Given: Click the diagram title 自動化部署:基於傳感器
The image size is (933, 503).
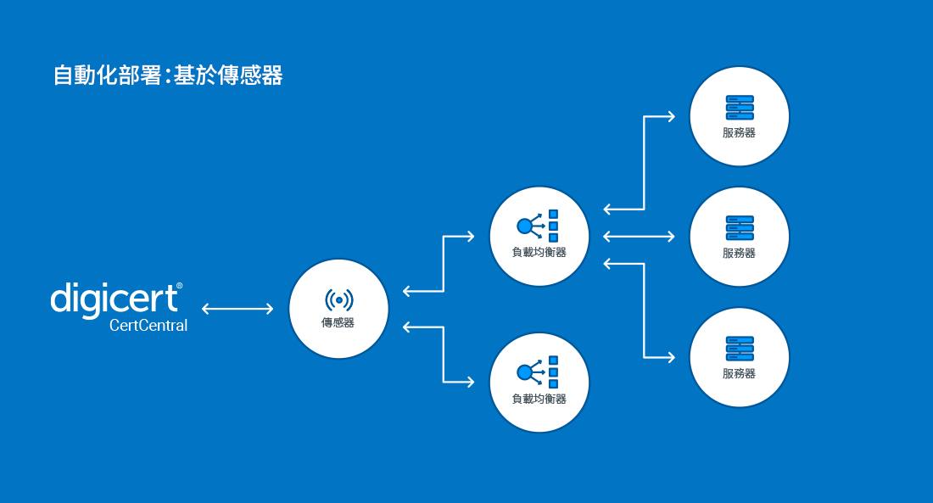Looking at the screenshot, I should point(167,75).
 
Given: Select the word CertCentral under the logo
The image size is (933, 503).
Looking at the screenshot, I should point(148,326).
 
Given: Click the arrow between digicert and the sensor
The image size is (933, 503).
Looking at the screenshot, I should point(237,309).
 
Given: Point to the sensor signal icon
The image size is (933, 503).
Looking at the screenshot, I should point(338,299).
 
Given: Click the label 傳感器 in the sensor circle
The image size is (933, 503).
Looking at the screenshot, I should point(338,322).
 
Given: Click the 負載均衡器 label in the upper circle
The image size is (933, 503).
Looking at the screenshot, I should point(539,252).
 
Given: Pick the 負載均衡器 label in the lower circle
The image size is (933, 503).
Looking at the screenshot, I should point(539,398).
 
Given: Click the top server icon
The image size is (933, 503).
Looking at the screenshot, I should point(740,107).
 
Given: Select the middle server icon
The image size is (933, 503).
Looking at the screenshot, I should point(740,227).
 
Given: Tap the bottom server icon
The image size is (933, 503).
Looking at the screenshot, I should point(740,348).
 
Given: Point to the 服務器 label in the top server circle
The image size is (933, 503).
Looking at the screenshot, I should point(740,132).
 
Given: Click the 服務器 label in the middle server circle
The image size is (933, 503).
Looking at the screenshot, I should point(740,253).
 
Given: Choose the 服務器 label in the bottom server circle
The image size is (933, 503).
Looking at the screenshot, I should point(740,373).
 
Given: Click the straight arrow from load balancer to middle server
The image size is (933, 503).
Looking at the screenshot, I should point(639,236).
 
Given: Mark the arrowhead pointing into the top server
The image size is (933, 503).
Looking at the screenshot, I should point(671,116).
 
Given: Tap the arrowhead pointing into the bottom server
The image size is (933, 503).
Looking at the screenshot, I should point(671,357).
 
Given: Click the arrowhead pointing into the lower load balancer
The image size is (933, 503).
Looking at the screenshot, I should point(470,382).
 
